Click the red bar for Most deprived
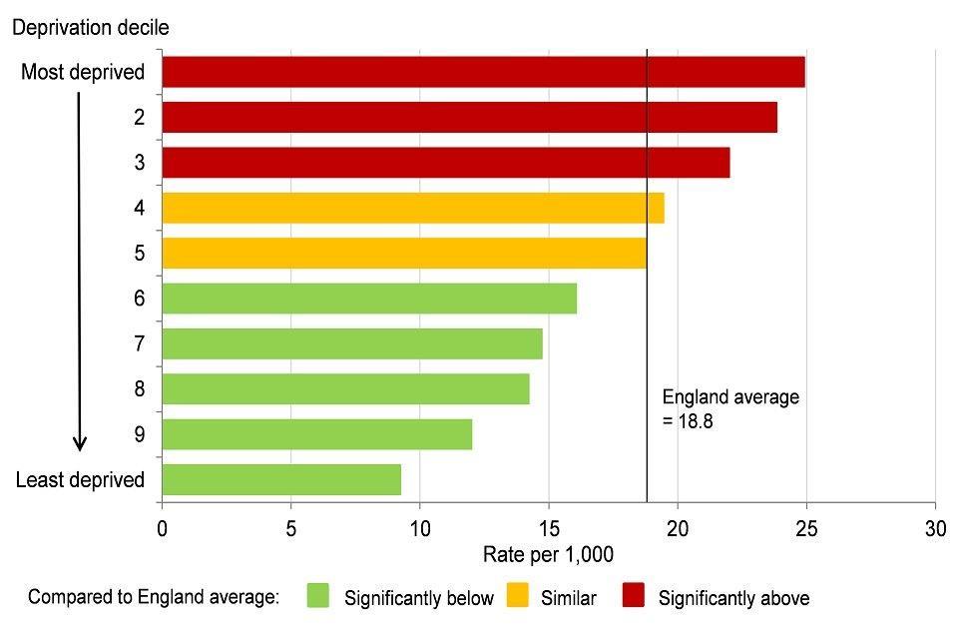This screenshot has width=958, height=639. point(483,72)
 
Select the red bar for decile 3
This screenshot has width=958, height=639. point(445,163)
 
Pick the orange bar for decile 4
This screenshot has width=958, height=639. point(412,208)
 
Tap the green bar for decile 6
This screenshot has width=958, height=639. point(369,299)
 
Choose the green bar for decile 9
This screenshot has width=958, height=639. point(316,434)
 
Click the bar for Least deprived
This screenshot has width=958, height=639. point(281,479)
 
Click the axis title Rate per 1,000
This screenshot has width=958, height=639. point(548,554)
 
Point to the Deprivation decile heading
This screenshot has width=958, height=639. point(90,28)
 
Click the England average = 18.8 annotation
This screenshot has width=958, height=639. point(730,408)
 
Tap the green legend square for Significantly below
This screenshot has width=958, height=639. point(318,597)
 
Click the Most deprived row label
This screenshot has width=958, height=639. point(83,72)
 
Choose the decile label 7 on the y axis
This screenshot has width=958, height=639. point(140,343)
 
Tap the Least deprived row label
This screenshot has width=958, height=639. point(80,479)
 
